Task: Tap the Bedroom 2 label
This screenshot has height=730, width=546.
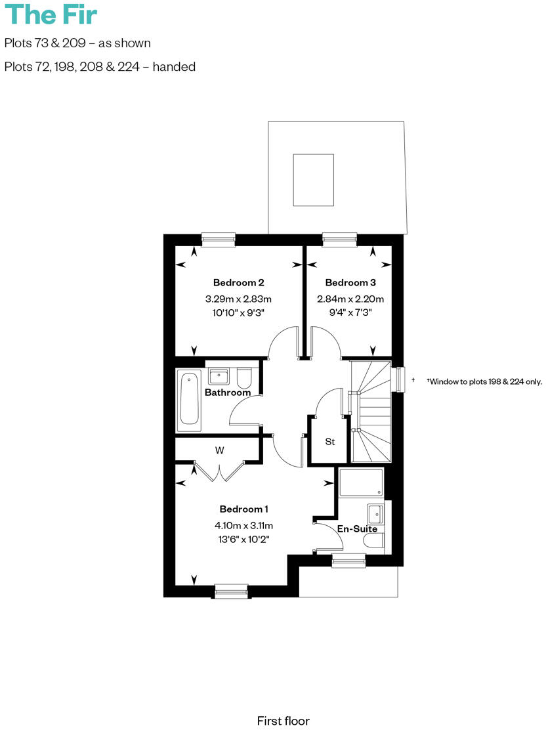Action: click(238, 283)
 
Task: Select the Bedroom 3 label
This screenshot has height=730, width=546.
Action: click(350, 283)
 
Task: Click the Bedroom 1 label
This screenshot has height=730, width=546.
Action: click(244, 509)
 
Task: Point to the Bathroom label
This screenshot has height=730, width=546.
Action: click(228, 393)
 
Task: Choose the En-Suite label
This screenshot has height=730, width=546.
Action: click(357, 528)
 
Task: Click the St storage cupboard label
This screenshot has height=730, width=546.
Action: click(330, 442)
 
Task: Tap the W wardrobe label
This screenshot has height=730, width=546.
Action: click(220, 450)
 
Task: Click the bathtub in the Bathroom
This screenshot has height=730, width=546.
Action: click(190, 398)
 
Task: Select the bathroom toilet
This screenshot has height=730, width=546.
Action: click(244, 378)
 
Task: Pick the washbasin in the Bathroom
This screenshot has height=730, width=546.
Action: click(218, 377)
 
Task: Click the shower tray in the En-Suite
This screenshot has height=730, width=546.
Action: click(360, 483)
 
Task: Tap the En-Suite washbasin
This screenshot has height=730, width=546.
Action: click(376, 512)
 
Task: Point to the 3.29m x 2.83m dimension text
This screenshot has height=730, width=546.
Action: click(238, 299)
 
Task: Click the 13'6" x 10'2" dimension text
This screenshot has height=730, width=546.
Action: click(244, 539)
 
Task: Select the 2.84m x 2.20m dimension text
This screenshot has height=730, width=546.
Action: click(350, 299)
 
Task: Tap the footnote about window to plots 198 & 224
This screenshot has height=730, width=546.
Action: click(484, 381)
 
